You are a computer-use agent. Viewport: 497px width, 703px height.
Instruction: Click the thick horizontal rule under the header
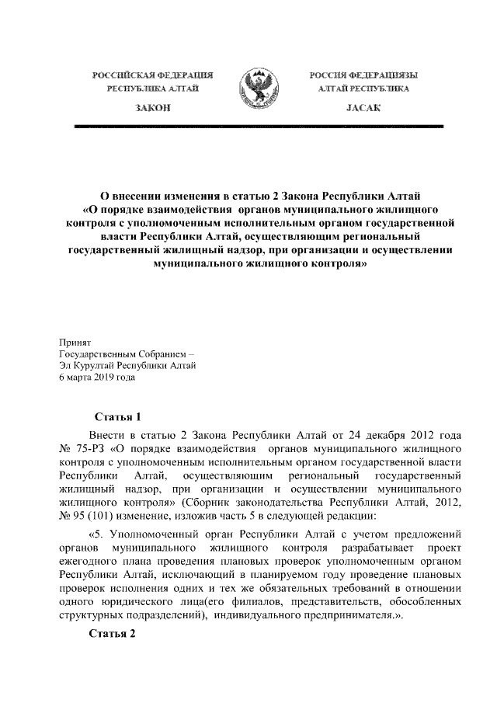pyautogui.click(x=258, y=125)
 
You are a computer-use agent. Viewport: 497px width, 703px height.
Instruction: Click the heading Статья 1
pyautogui.click(x=116, y=416)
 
